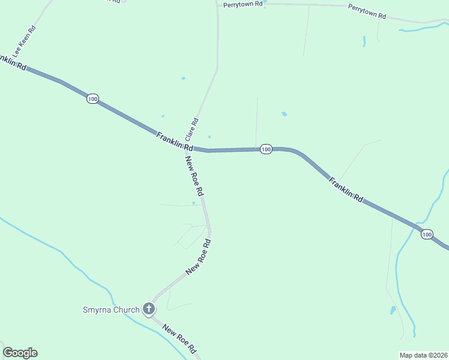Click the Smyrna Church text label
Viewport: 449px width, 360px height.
click(112, 310)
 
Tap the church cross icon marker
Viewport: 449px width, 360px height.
click(149, 310)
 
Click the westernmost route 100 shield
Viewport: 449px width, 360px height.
click(92, 98)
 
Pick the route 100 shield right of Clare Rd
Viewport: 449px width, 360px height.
click(267, 149)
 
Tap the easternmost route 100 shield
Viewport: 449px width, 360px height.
click(427, 234)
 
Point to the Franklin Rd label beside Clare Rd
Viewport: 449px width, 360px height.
click(175, 142)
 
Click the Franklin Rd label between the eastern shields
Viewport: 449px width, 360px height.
click(346, 189)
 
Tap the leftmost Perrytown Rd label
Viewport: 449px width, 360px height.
click(243, 4)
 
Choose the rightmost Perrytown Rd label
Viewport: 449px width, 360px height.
click(367, 11)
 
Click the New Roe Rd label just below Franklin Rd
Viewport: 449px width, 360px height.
click(194, 176)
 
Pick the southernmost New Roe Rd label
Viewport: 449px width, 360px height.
click(180, 339)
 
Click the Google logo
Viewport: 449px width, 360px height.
click(20, 353)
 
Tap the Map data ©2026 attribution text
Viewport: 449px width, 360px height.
click(423, 355)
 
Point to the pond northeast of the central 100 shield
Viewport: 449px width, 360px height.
click(284, 113)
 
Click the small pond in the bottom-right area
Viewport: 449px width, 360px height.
click(393, 310)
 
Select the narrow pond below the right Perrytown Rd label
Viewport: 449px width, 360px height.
click(364, 41)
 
